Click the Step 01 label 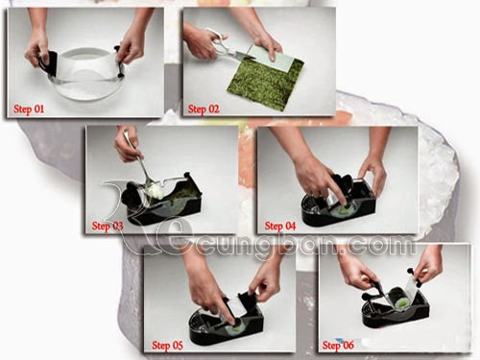pyautogui.click(x=29, y=109)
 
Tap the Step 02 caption pyautogui.click(x=204, y=109)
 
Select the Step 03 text pyautogui.click(x=108, y=226)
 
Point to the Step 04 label pyautogui.click(x=280, y=226)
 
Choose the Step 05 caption pyautogui.click(x=167, y=346)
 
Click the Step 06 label pyautogui.click(x=338, y=346)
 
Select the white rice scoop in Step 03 pyautogui.click(x=156, y=191)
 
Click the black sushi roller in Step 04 pyautogui.click(x=338, y=203)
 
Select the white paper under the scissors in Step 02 pyautogui.click(x=272, y=58)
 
